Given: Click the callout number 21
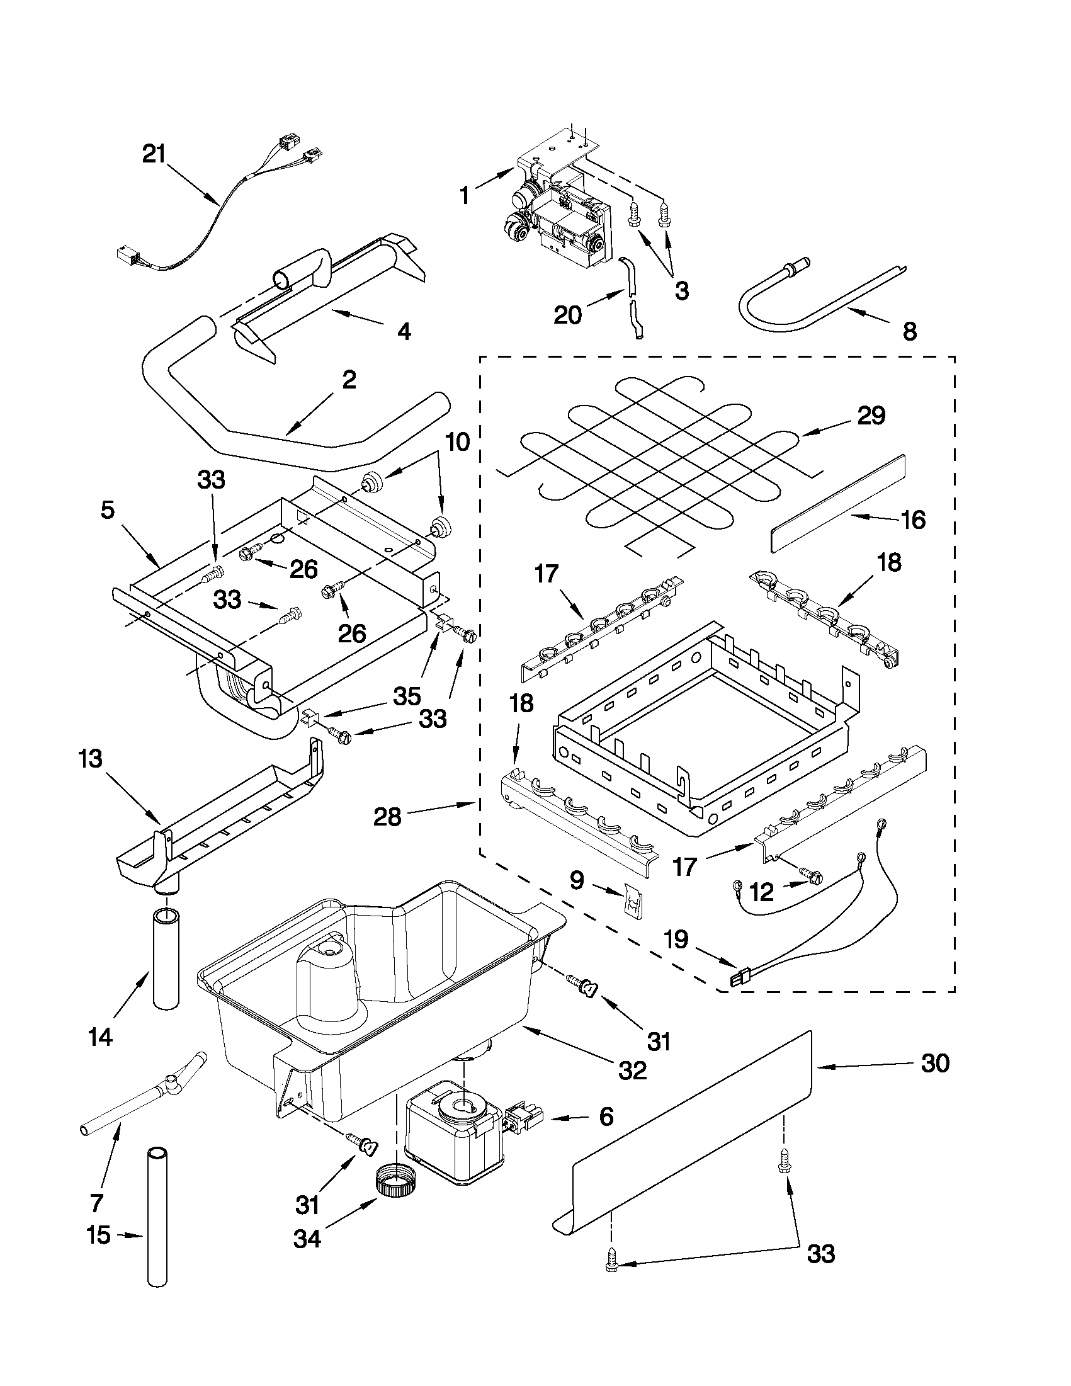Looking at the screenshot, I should click(x=154, y=154).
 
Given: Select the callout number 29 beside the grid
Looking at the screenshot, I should click(x=871, y=416).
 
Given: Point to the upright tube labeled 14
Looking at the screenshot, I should click(x=167, y=959).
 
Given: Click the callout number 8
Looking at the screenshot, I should click(x=909, y=331).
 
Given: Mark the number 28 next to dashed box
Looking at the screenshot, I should click(x=387, y=816).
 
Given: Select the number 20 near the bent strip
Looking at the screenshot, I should click(x=568, y=315).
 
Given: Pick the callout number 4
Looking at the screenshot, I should click(x=404, y=331).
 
